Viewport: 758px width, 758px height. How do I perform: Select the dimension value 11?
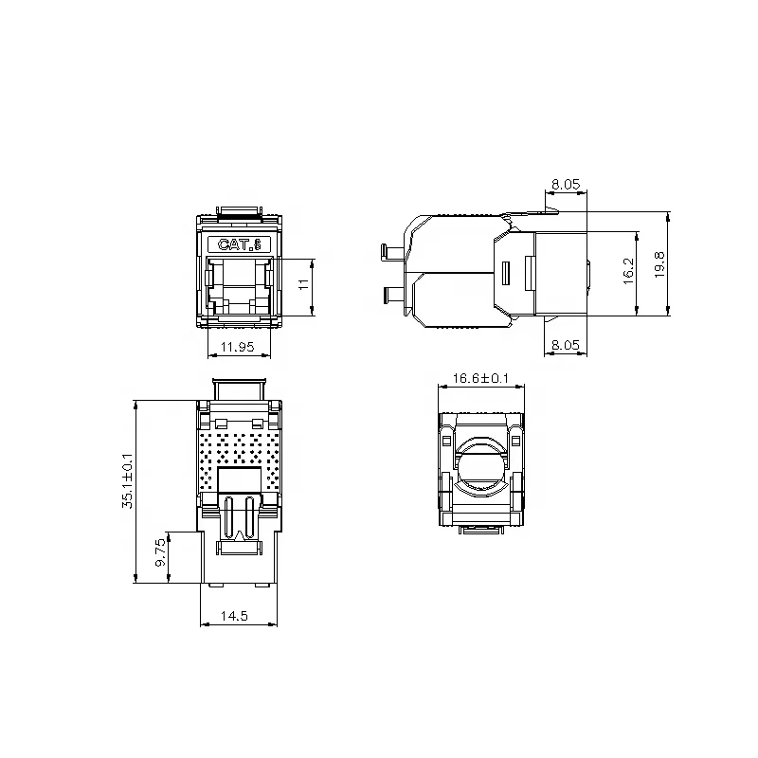[x=305, y=284]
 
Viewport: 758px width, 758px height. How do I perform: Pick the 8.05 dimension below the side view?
[x=566, y=347]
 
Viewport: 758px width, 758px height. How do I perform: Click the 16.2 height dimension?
[x=627, y=273]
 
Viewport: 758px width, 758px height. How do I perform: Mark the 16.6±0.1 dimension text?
[x=480, y=378]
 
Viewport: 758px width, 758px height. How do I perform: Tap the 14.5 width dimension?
[x=234, y=616]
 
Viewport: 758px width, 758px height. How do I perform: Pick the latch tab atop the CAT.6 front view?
[x=240, y=209]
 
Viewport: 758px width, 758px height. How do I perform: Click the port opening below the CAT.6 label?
[x=240, y=284]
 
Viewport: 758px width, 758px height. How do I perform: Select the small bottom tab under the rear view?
[x=480, y=531]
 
